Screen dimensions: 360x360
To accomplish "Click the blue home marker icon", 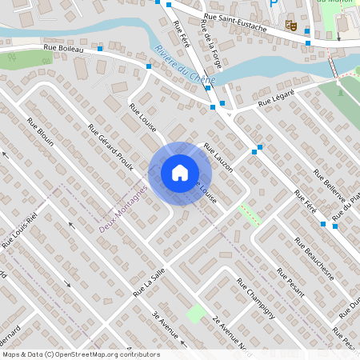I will (179, 173).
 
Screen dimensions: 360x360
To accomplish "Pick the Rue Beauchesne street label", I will (312, 264).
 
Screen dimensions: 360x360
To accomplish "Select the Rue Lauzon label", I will (218, 157).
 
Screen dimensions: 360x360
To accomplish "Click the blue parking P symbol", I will (274, 4).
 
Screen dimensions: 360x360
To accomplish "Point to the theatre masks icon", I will (293, 26).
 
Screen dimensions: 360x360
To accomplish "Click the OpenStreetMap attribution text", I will (80, 354).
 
